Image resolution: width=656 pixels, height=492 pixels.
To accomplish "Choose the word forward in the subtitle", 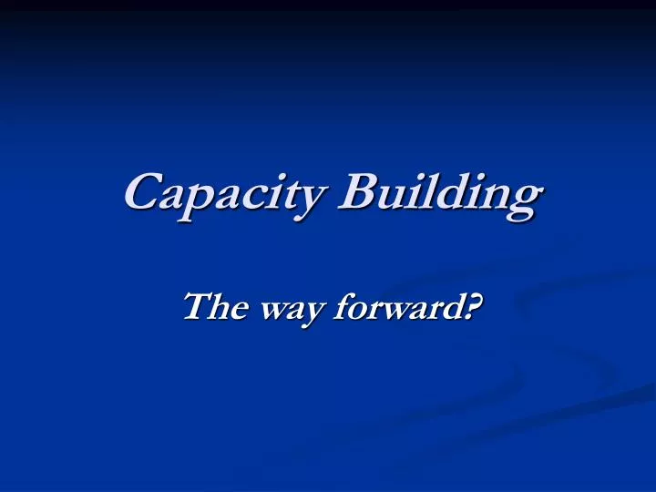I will [x=398, y=309].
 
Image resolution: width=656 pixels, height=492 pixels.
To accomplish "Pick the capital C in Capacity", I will [x=141, y=191].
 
